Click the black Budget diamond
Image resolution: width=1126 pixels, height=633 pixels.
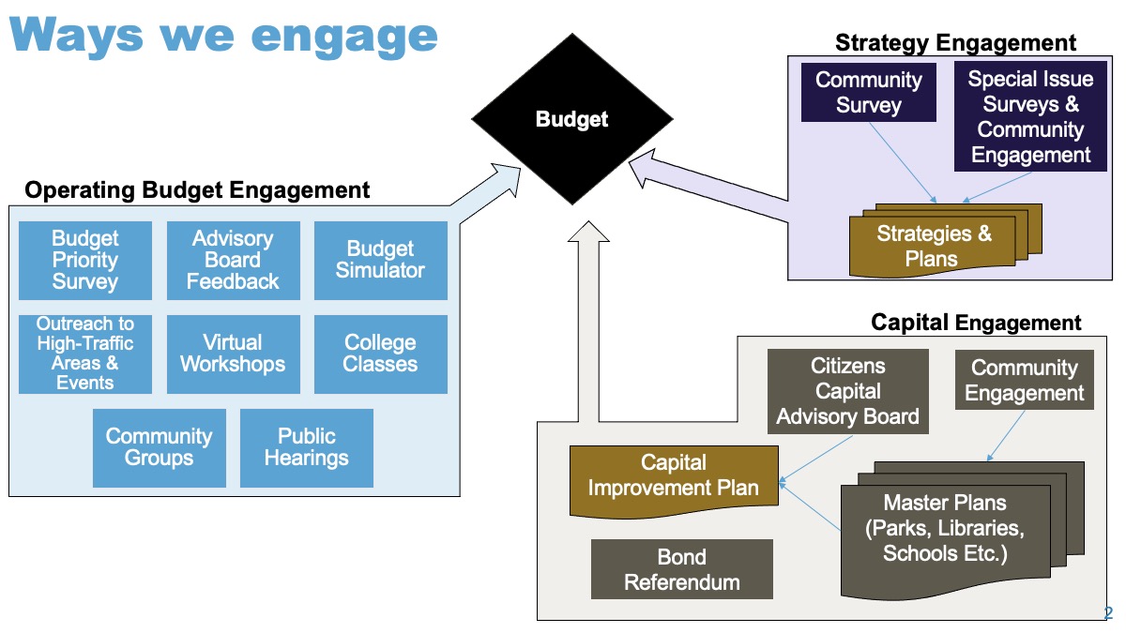[x=572, y=119]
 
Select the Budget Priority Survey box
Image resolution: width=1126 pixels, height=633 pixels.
[x=85, y=261]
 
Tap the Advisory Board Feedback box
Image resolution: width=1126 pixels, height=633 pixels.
[x=234, y=261]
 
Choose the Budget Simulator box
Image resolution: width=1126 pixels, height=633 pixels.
[x=381, y=261]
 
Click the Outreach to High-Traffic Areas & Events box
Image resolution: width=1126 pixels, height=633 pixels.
[x=85, y=354]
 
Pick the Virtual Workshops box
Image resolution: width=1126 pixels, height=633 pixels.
[x=234, y=354]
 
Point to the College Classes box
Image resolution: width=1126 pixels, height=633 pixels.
[x=381, y=354]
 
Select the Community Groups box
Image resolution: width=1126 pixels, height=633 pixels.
[x=160, y=447]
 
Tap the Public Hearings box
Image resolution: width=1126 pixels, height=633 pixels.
[x=307, y=447]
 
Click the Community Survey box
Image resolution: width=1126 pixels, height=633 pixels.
[x=869, y=93]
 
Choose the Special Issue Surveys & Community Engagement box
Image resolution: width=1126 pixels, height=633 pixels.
[x=1030, y=116]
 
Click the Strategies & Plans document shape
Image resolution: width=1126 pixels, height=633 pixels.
[x=945, y=240]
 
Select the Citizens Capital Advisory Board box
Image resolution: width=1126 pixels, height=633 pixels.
[x=848, y=391]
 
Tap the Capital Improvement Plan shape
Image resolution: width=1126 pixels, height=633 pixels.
[x=674, y=481]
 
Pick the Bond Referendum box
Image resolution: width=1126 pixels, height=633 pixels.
[x=681, y=569]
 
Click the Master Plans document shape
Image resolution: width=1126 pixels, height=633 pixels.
[x=962, y=530]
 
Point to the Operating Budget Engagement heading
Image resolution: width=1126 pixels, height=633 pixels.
[x=197, y=190]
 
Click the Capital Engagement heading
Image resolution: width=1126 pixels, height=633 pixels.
[x=976, y=323]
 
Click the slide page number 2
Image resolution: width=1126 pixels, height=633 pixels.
[x=1108, y=613]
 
